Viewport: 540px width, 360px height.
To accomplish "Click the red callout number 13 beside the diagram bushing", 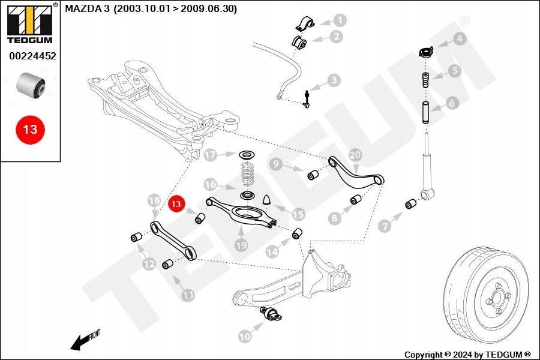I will (176, 205).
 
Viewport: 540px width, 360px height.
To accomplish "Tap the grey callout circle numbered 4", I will (459, 40).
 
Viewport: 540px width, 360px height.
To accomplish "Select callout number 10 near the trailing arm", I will (244, 337).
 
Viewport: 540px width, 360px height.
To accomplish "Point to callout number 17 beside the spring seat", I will (210, 155).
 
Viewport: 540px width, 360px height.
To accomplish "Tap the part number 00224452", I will (32, 56).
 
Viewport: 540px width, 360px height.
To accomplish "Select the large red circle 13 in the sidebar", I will (31, 129).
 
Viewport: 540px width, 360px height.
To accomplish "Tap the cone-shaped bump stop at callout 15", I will (268, 198).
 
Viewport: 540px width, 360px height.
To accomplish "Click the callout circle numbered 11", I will (188, 295).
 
